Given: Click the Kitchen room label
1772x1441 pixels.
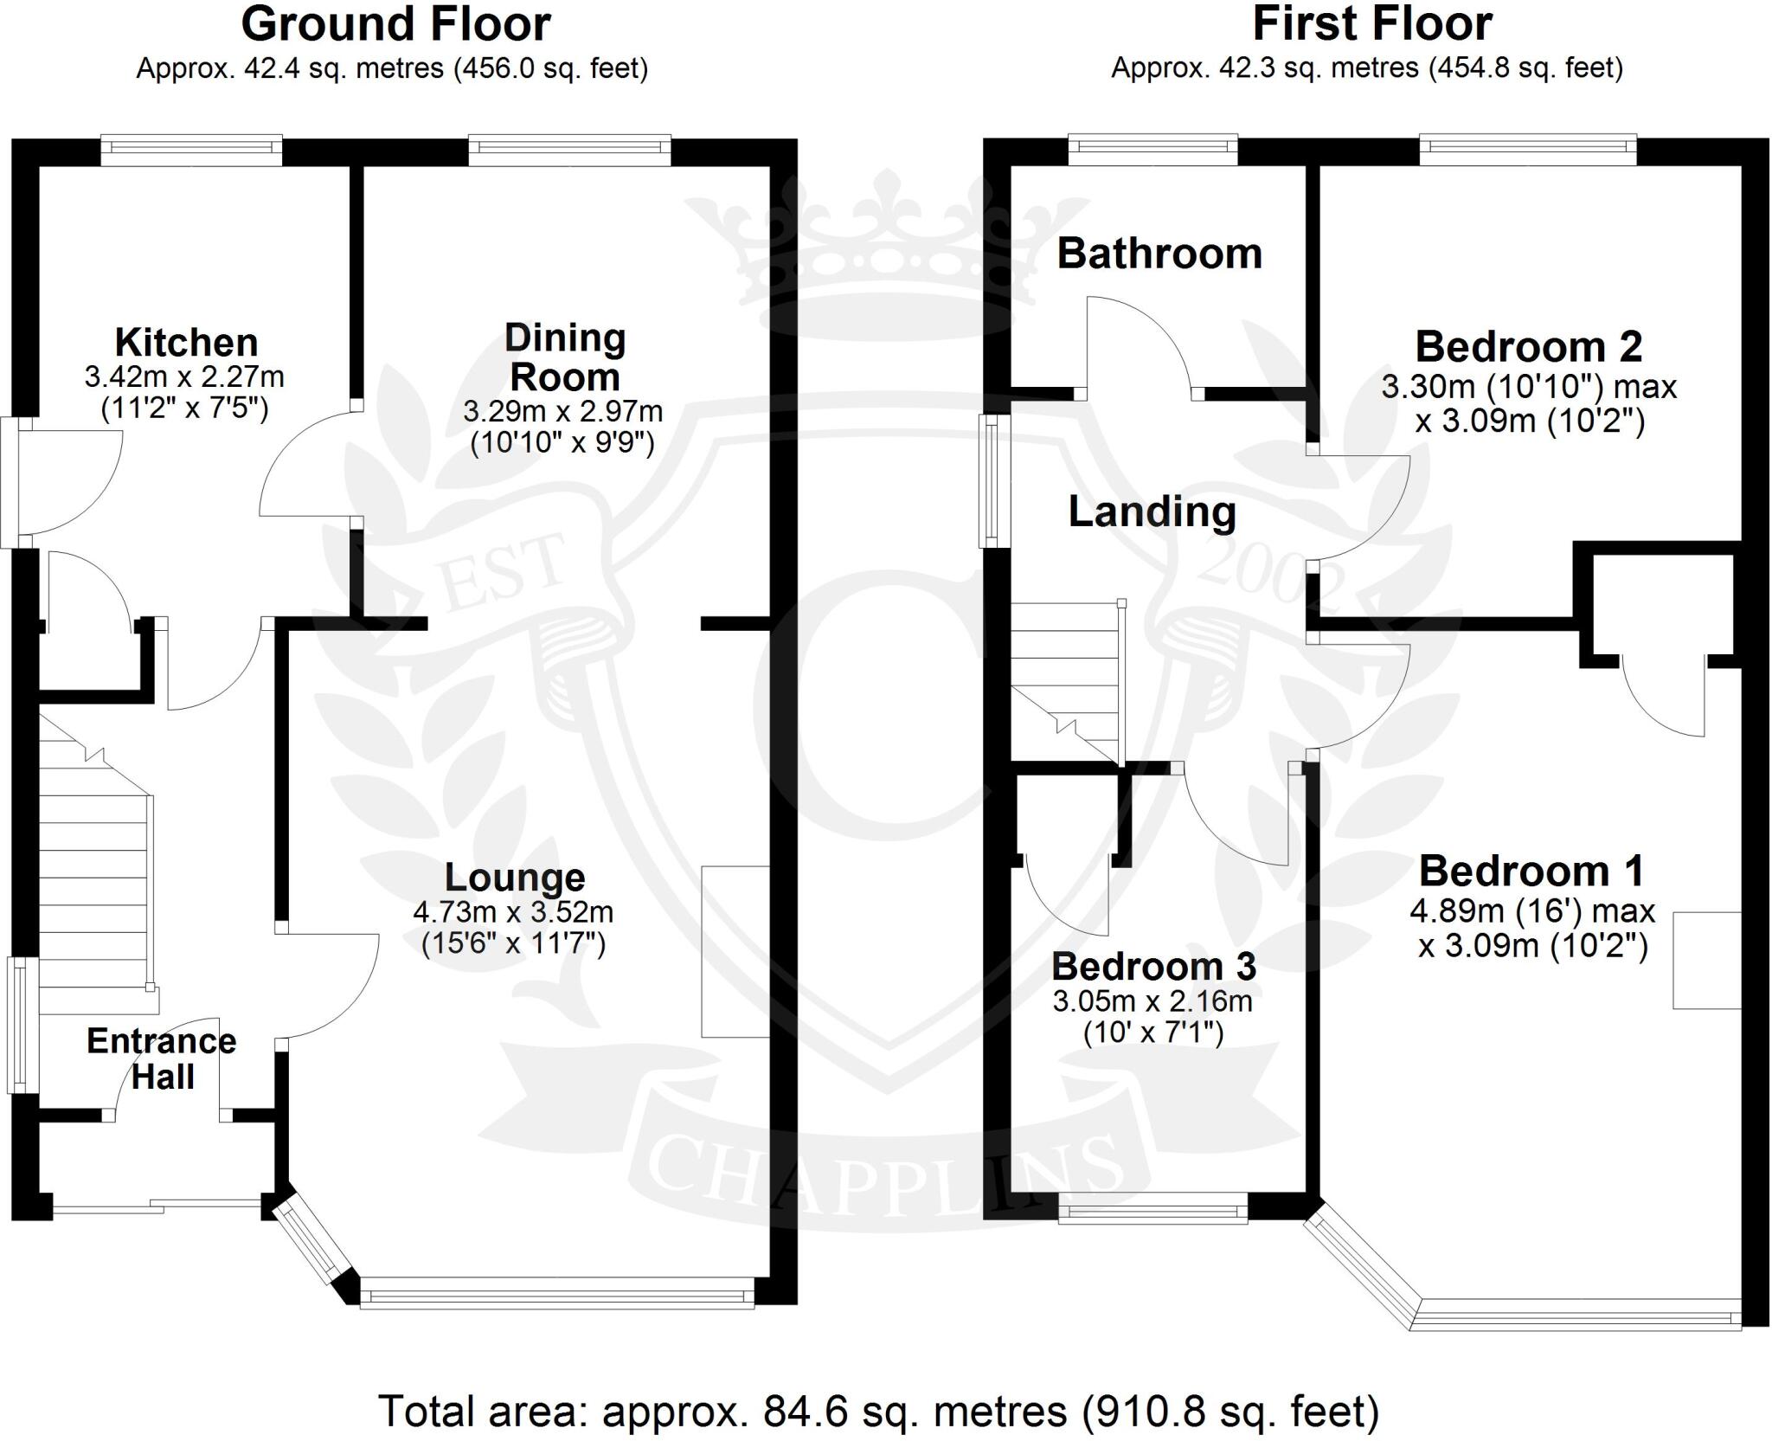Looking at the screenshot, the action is pos(186,343).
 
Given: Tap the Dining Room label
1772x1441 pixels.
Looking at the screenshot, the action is pos(565,357).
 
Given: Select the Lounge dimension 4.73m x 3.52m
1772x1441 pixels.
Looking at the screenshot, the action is pos(514,912).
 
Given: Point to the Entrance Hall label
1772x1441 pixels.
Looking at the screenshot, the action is pos(162,1058).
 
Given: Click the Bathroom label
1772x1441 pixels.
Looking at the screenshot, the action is pos(1159,254).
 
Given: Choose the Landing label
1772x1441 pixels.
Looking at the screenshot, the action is pos(1152,512).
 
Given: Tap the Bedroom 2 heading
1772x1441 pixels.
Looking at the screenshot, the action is pos(1529,347).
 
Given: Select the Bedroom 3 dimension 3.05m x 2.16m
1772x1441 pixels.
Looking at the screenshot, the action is pos(1152,1002).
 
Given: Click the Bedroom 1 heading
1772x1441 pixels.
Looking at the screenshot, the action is pos(1531,872).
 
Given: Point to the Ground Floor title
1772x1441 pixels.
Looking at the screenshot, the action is pos(395,24).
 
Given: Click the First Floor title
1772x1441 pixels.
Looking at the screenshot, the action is pos(1372,24).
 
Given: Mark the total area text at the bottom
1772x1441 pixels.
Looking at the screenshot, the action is pos(879,1412).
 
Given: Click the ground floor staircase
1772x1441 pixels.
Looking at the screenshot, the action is pos(95,865).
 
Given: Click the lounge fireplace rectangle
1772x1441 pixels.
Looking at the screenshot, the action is pos(735,952).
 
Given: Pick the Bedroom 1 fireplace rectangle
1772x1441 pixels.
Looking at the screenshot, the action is pos(1707,961).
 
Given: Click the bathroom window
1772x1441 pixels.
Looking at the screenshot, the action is pos(1153,149).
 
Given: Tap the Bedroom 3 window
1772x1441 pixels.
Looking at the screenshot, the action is pos(1153,1208).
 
